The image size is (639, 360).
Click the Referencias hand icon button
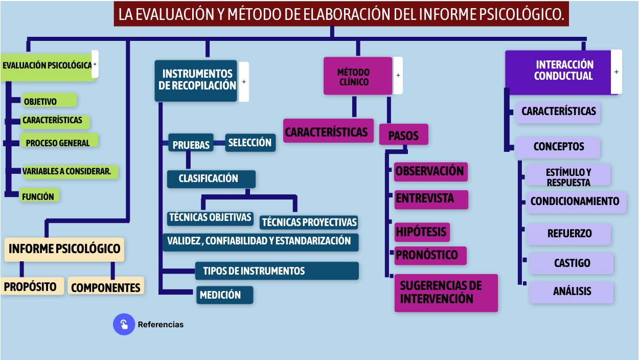click(124, 324)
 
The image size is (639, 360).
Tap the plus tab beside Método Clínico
click(398, 75)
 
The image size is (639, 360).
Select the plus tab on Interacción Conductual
click(616, 72)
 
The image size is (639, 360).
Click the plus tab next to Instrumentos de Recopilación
click(244, 82)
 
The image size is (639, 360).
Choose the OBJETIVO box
click(50, 100)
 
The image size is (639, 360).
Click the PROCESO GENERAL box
click(59, 141)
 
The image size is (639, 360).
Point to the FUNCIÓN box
click(39, 195)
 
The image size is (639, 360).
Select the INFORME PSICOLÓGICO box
click(64, 250)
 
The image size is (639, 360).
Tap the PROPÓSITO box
click(32, 286)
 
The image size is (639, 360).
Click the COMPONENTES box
click(106, 286)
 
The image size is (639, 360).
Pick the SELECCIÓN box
click(250, 143)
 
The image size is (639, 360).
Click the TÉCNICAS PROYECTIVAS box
click(309, 222)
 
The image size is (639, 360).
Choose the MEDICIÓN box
click(225, 295)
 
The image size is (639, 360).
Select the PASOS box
click(404, 134)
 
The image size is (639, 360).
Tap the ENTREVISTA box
click(431, 199)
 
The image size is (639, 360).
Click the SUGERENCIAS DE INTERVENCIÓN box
click(446, 293)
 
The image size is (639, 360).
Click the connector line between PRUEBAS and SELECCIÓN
click(219, 143)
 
